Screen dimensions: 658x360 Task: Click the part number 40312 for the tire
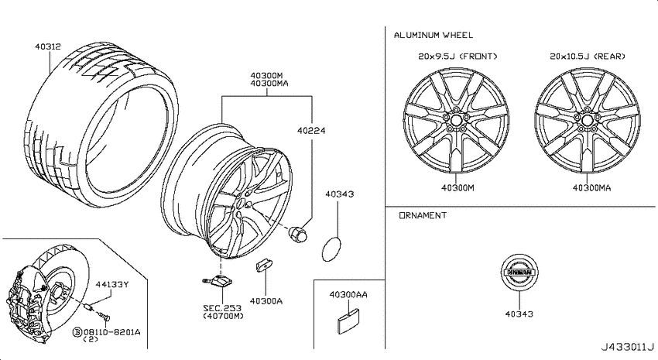click(48, 46)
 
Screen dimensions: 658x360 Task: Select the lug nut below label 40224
click(297, 235)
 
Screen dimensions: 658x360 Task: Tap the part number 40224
click(311, 131)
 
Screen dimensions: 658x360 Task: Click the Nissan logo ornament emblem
click(519, 272)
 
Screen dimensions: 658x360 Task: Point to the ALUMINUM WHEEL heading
click(433, 36)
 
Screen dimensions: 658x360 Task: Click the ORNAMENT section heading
click(423, 215)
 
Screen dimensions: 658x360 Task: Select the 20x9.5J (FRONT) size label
click(458, 56)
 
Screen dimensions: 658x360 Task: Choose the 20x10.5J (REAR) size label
click(588, 56)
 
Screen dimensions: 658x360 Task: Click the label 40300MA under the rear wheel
click(591, 187)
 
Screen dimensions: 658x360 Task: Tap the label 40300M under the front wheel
click(458, 187)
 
